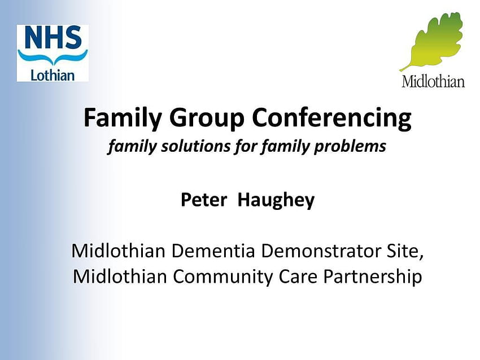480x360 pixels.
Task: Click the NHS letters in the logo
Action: pyautogui.click(x=53, y=37)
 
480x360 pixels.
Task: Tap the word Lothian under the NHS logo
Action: pyautogui.click(x=53, y=75)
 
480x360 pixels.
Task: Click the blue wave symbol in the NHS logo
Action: pyautogui.click(x=53, y=57)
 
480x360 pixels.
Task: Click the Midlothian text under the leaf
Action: pyautogui.click(x=433, y=81)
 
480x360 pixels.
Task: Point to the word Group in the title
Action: pyautogui.click(x=207, y=118)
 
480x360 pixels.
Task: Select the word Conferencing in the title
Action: pyautogui.click(x=331, y=118)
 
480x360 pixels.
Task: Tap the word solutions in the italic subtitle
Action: pyautogui.click(x=196, y=146)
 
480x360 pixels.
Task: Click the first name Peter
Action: pyautogui.click(x=204, y=200)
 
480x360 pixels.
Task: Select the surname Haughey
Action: pyautogui.click(x=276, y=201)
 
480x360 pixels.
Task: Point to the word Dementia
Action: pyautogui.click(x=213, y=251)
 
